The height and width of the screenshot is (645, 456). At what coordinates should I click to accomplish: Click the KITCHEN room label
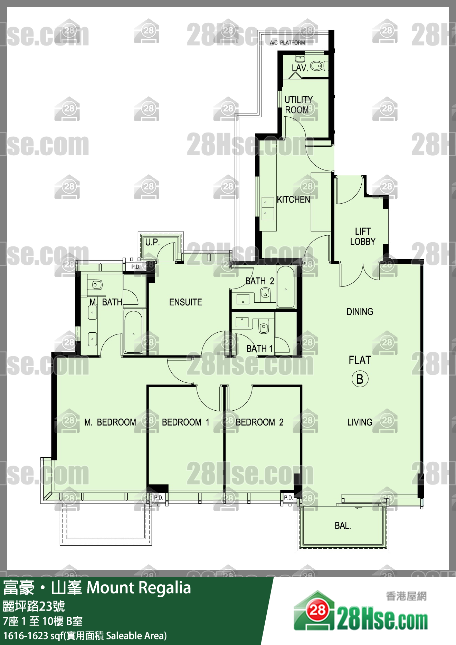(x=294, y=199)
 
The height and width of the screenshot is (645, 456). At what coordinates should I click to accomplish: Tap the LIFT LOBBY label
(x=363, y=236)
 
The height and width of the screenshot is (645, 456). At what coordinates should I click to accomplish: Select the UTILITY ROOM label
(x=298, y=105)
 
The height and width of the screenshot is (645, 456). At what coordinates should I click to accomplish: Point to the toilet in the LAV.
(x=319, y=66)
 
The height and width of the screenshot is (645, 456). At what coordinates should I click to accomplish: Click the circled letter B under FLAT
(x=360, y=379)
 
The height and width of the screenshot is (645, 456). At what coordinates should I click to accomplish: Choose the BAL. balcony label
(x=343, y=526)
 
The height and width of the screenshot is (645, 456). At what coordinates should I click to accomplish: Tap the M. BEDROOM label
(x=110, y=422)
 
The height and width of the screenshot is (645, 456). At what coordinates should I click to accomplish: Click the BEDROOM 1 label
(x=186, y=422)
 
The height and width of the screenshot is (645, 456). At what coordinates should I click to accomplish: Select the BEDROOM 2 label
(x=260, y=422)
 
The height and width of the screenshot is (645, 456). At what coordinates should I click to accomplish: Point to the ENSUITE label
(x=186, y=302)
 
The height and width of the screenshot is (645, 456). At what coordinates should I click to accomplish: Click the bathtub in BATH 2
(x=286, y=287)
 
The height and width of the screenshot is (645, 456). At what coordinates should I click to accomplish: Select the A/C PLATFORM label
(x=287, y=43)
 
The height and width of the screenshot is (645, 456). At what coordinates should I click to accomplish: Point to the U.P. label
(x=152, y=242)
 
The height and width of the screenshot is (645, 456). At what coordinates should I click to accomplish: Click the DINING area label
(x=360, y=312)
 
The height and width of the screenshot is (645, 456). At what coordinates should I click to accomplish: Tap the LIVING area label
(x=360, y=422)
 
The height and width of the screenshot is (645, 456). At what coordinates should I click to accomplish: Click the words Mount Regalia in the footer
(x=139, y=588)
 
